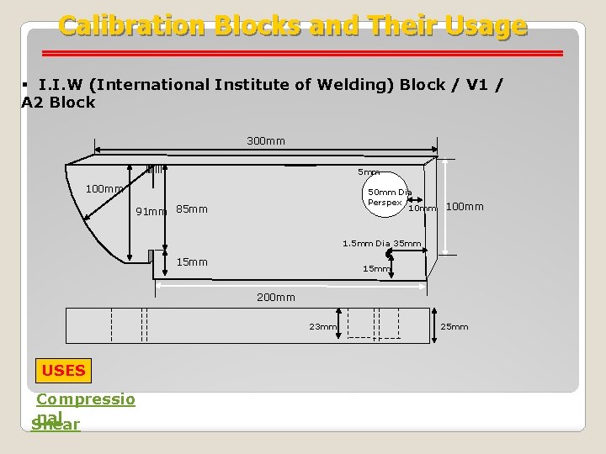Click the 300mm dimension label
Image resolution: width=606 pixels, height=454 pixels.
tap(266, 140)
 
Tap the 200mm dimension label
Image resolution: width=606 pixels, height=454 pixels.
tap(275, 297)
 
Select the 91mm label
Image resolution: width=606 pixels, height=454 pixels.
tap(151, 211)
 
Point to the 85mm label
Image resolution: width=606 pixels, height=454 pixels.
tap(192, 209)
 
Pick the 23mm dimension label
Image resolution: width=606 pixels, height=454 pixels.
tap(322, 326)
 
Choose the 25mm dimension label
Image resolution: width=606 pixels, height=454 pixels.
tap(454, 326)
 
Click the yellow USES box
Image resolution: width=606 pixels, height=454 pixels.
tap(63, 369)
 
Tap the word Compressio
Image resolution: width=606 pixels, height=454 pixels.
tap(85, 399)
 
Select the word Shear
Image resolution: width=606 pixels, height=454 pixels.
tap(56, 425)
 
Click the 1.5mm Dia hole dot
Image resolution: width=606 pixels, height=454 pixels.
tap(389, 254)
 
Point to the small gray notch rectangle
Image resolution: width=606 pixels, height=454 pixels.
tap(151, 256)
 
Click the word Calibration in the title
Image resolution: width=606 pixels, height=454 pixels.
tap(132, 26)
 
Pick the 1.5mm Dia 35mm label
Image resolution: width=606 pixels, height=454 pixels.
tap(381, 244)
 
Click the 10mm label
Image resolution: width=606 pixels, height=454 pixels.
tap(422, 208)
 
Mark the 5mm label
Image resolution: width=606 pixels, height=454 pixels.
tap(369, 172)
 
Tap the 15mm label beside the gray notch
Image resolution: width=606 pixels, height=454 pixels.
tap(192, 261)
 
